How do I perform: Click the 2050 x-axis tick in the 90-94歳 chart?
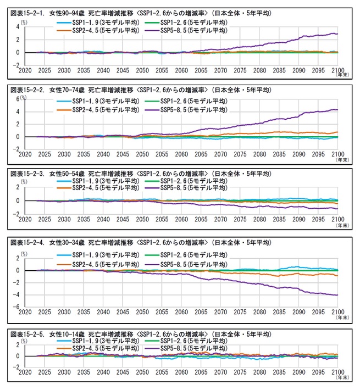coord(142,70)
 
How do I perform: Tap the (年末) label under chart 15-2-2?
coord(341,160)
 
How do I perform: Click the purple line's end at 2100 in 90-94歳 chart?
coord(337,34)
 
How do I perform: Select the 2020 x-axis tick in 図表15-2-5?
coord(25,372)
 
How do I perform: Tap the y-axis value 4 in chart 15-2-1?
coord(18,27)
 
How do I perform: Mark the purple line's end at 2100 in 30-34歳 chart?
coord(337,295)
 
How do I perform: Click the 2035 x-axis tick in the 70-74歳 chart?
coord(84,154)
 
